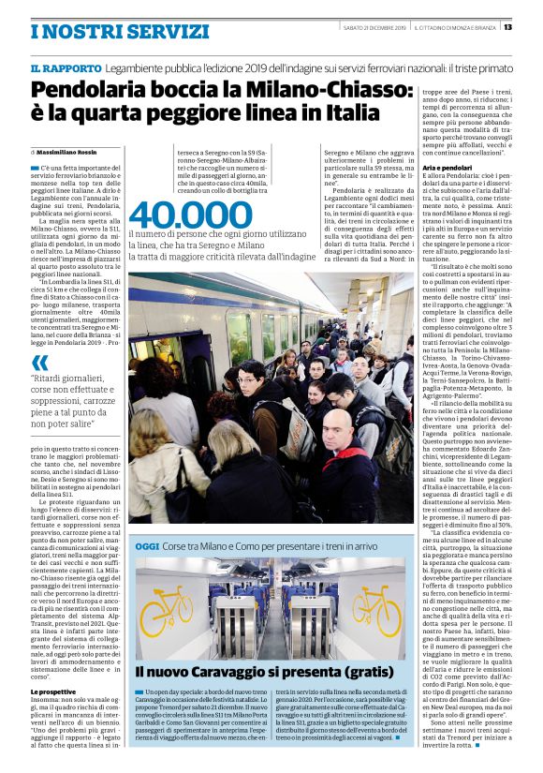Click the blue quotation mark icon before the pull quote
40,363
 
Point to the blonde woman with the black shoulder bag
154,468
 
